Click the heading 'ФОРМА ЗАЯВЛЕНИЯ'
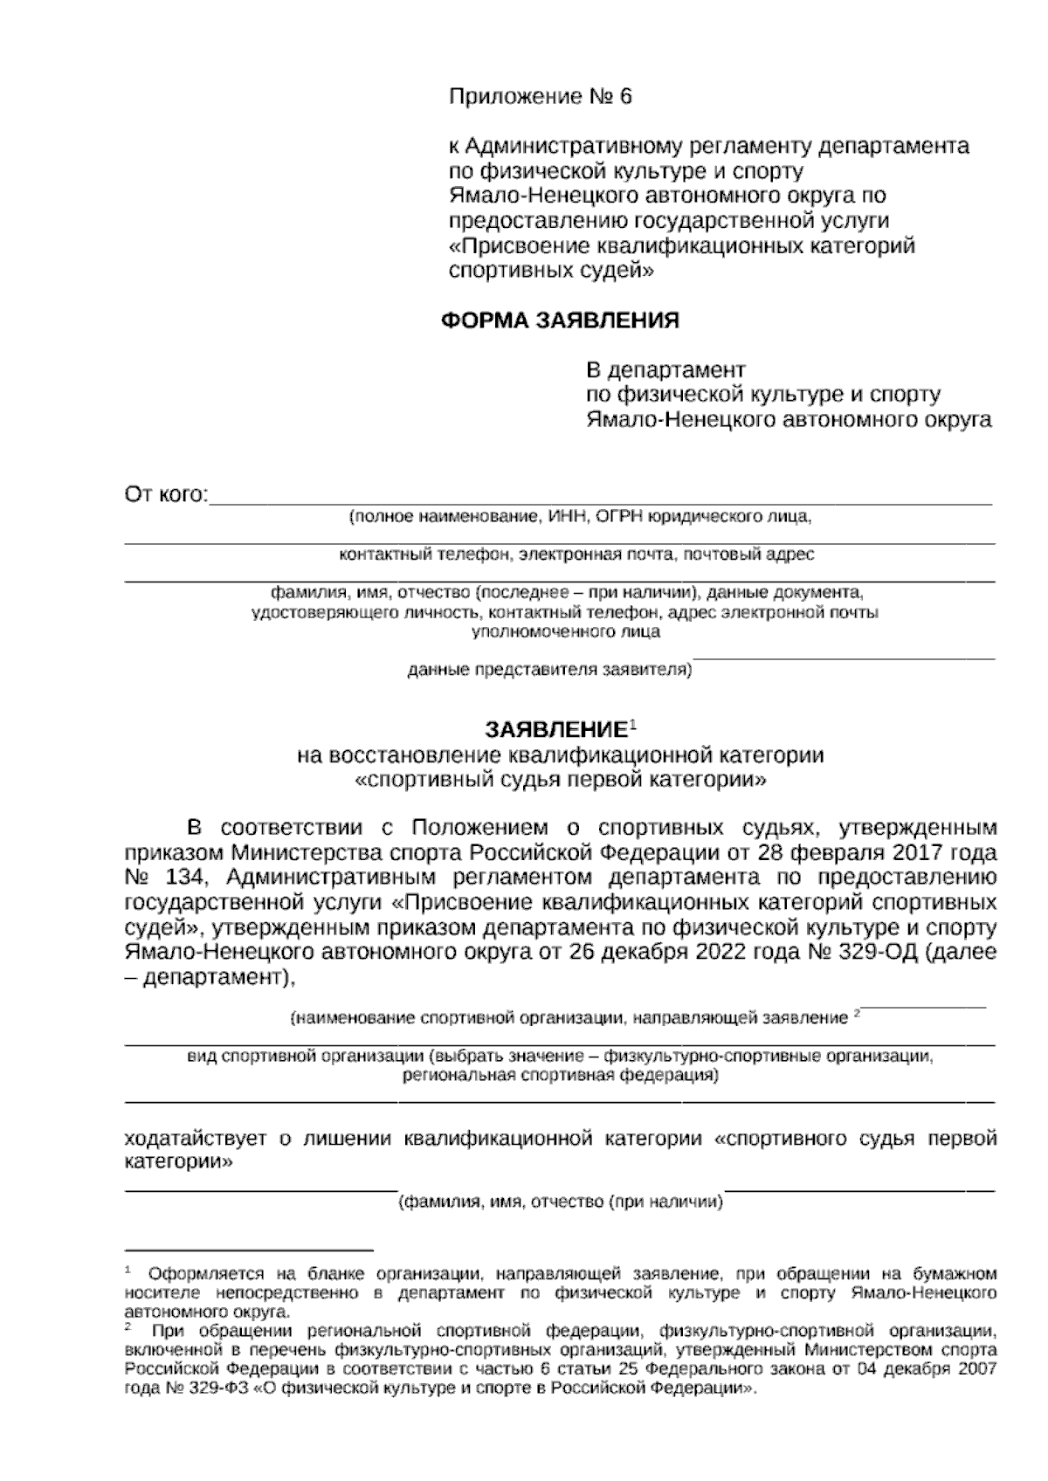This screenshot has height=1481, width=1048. coord(560,320)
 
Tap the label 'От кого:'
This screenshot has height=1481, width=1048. coord(167,496)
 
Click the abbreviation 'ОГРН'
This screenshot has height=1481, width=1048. coord(618,517)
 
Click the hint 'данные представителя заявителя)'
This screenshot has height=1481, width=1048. coord(549,671)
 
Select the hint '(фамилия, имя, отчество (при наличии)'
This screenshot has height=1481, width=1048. coord(561,1202)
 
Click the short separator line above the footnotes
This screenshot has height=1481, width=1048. coord(248,1250)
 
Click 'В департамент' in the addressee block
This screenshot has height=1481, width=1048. coord(665,370)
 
